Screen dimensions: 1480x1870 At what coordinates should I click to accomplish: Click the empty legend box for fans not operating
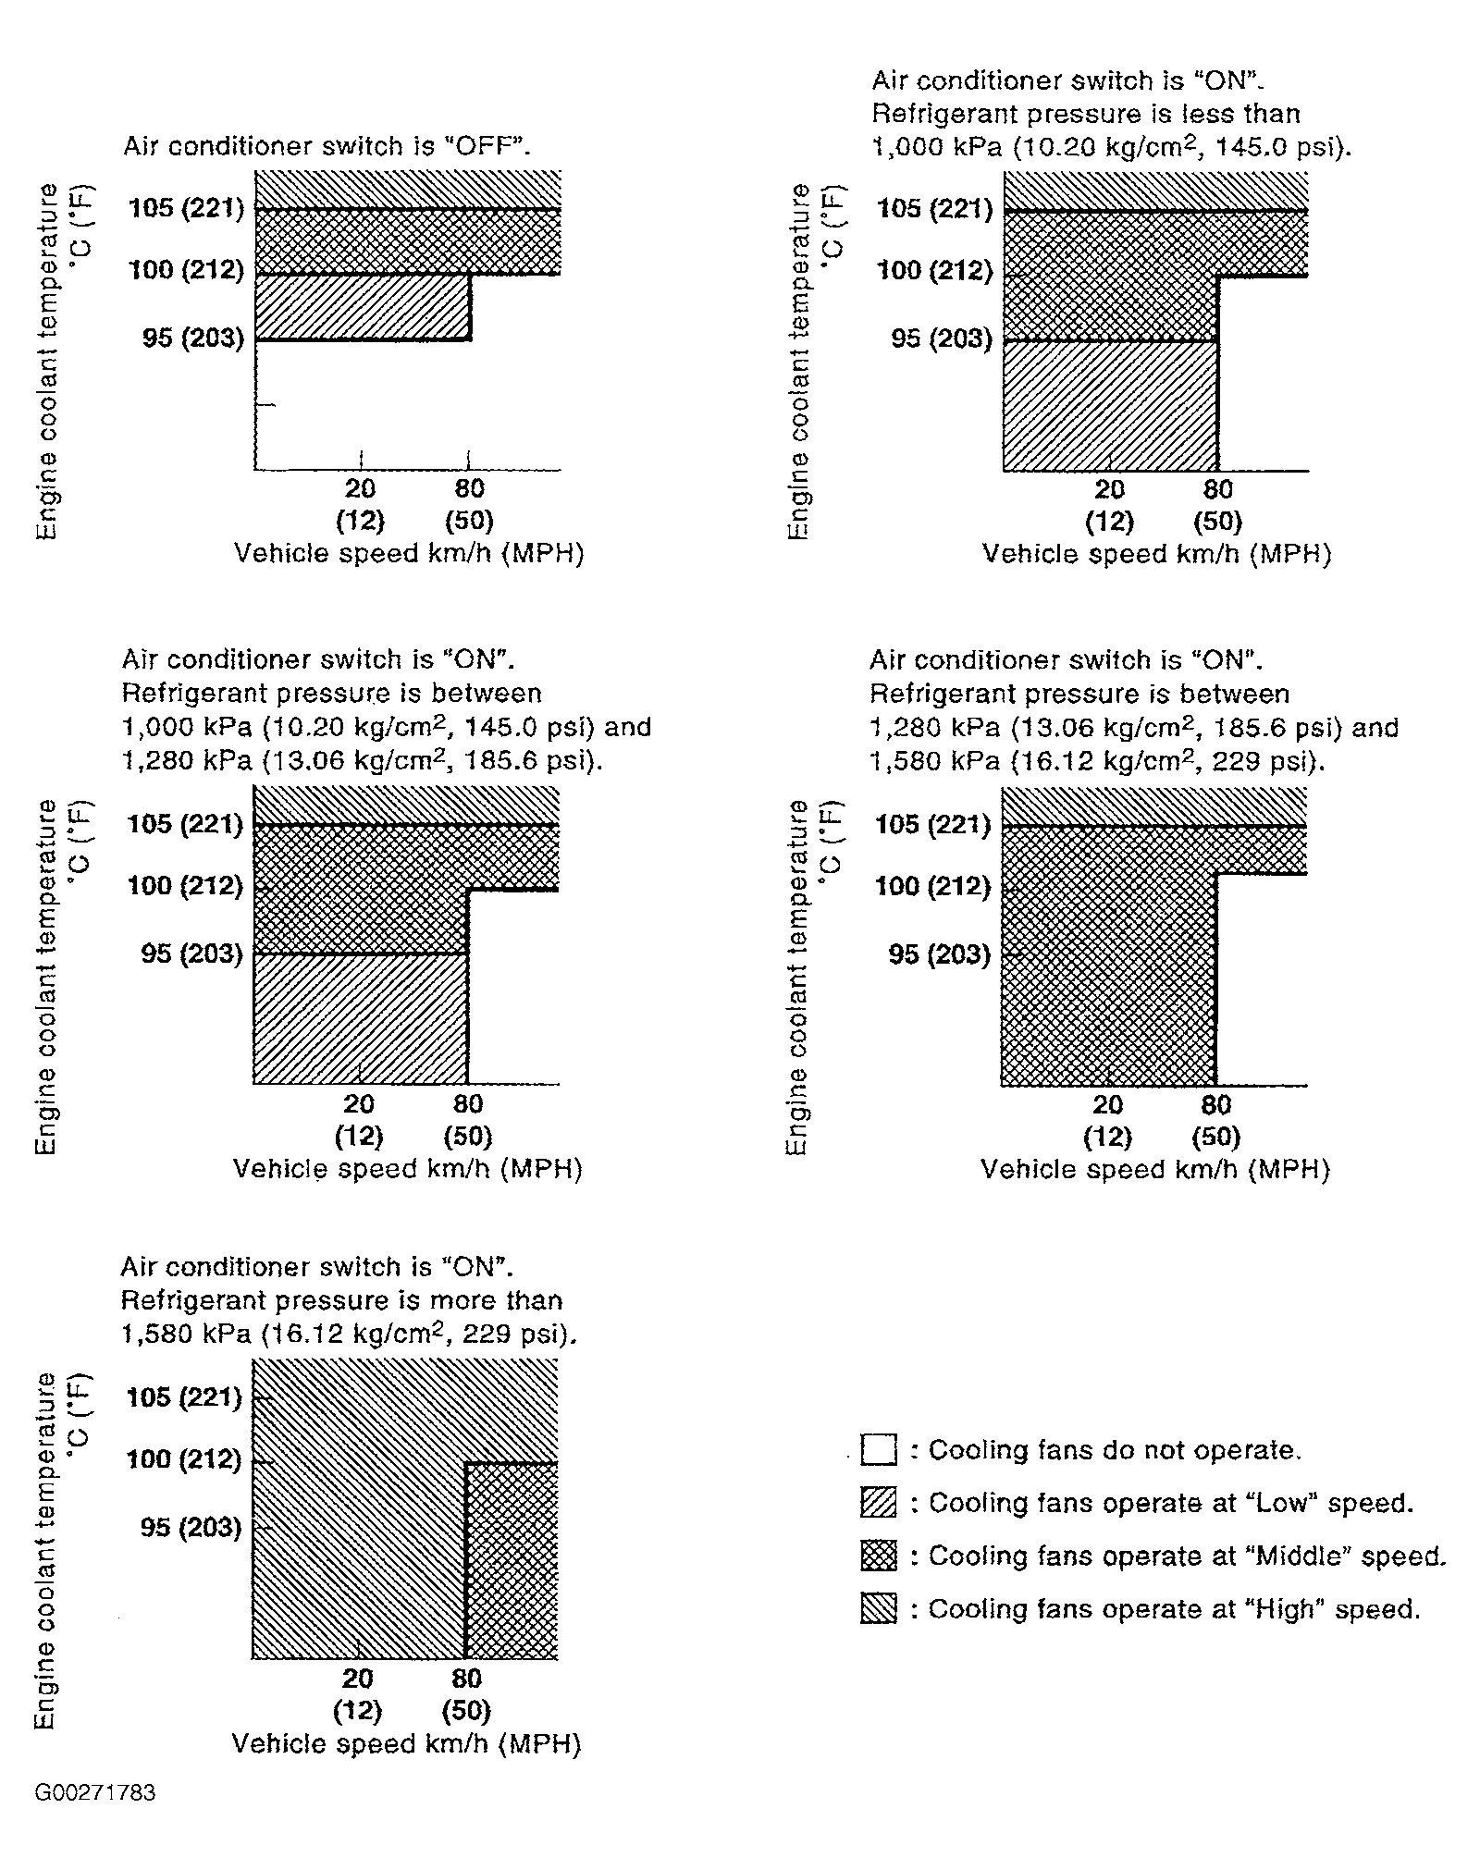tap(878, 1449)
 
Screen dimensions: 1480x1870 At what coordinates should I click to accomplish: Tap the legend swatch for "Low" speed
tap(878, 1503)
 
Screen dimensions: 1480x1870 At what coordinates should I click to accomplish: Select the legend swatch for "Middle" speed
tap(878, 1556)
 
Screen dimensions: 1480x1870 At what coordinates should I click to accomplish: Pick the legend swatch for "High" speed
tap(878, 1609)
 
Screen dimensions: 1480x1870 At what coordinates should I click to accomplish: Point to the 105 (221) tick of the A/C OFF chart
tap(187, 208)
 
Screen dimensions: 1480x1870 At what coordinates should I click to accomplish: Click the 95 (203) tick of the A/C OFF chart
tap(193, 338)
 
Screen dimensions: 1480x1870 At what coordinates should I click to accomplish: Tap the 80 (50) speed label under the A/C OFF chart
tap(469, 504)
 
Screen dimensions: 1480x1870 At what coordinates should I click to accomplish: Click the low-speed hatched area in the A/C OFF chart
tap(363, 308)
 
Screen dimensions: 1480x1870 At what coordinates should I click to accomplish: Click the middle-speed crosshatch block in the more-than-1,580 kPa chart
tap(512, 1561)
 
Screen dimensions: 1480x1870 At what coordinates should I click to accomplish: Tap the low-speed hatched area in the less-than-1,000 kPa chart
tap(1110, 405)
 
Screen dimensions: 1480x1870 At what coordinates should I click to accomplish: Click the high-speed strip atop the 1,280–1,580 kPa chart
tap(1154, 806)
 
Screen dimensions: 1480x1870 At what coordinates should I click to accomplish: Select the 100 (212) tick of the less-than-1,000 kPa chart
tap(935, 270)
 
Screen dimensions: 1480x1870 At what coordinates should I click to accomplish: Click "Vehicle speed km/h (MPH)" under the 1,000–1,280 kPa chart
tap(408, 1169)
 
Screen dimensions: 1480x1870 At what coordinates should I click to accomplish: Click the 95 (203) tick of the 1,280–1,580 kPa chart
tap(940, 953)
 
